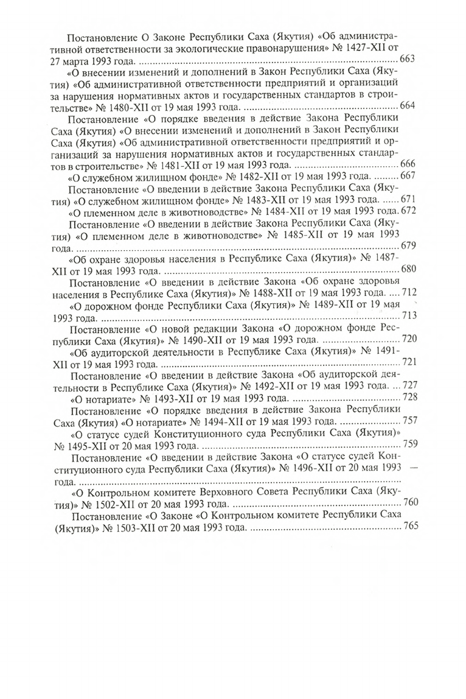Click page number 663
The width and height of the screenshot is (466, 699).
coord(408,59)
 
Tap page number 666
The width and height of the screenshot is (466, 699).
coord(408,164)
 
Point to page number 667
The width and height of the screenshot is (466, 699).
coord(408,176)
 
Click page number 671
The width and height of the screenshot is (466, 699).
coord(408,200)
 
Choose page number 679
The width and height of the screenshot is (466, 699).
coord(408,246)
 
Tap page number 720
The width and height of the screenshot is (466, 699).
coord(408,339)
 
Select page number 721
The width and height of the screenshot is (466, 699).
coord(408,362)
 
